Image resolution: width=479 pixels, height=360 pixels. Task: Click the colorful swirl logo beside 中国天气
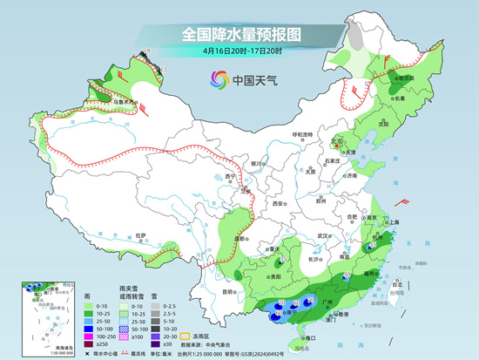pos(218,80)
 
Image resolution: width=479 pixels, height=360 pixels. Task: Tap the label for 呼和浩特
pos(302,134)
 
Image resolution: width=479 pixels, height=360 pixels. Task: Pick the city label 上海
pos(391,222)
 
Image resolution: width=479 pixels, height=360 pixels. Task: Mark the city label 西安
pos(278,203)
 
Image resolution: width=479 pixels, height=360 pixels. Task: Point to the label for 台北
pos(400,284)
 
